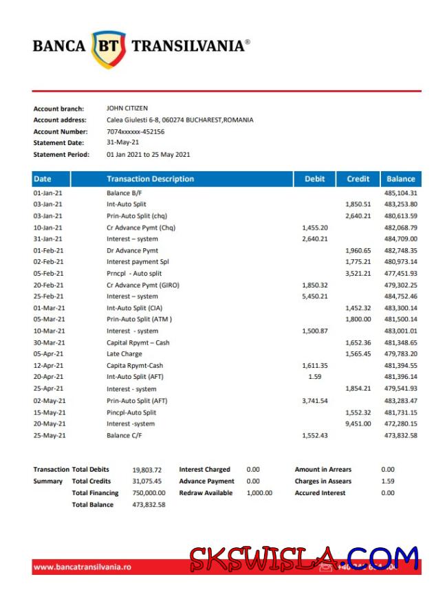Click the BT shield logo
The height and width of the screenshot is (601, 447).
(x=109, y=47)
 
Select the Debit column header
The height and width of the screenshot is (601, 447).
(x=314, y=179)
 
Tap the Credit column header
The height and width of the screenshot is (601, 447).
(x=358, y=179)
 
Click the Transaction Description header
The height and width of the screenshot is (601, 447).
(x=150, y=179)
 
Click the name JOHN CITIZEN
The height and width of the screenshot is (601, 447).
(x=127, y=108)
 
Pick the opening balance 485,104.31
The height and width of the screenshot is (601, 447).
(x=401, y=193)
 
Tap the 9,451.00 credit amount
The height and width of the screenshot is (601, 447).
(x=358, y=424)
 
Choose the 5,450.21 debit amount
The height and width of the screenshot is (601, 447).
(x=315, y=296)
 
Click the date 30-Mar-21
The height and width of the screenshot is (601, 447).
(x=48, y=342)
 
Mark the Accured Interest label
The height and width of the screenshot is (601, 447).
(x=320, y=493)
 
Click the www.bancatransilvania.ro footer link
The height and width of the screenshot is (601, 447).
(x=82, y=567)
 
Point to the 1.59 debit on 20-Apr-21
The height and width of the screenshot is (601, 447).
(x=315, y=377)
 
